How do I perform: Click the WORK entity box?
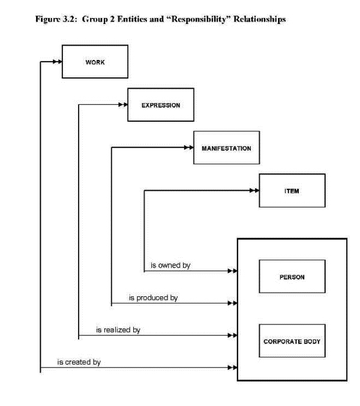click(x=95, y=62)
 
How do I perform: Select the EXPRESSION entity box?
click(x=161, y=104)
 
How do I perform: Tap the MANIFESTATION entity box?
click(x=227, y=148)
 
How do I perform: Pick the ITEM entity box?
click(x=292, y=191)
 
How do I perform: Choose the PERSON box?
click(x=292, y=276)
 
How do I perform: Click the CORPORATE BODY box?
click(x=292, y=341)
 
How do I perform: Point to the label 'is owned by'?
click(x=170, y=266)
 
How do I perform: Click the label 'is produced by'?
click(x=154, y=298)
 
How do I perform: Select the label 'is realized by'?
click(x=118, y=330)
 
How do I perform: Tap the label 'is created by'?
click(x=79, y=362)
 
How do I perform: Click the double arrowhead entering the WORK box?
click(x=58, y=62)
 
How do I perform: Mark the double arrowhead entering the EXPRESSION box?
click(x=123, y=104)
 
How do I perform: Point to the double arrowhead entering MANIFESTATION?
click(x=189, y=148)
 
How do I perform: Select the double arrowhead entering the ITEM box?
click(x=254, y=191)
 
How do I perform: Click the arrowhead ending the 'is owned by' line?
click(x=233, y=271)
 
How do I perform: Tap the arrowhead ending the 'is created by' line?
click(x=233, y=368)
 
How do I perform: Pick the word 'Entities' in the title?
click(x=133, y=19)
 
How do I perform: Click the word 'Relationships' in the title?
click(x=260, y=19)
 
